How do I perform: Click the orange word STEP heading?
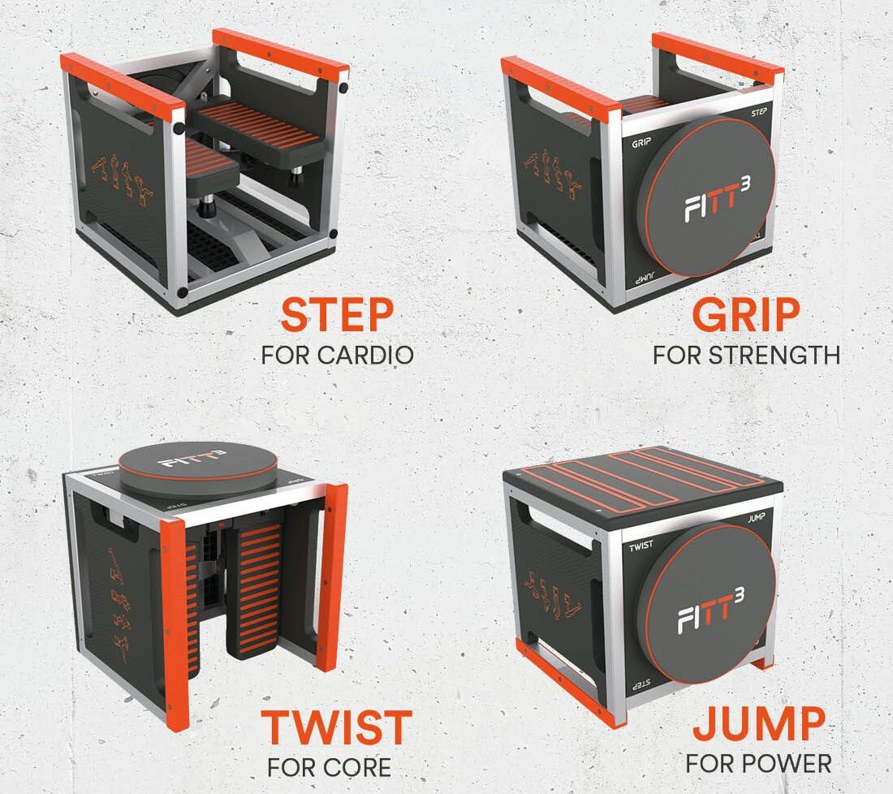pyautogui.click(x=337, y=315)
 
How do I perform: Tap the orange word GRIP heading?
pyautogui.click(x=746, y=315)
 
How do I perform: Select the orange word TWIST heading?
pyautogui.click(x=337, y=727)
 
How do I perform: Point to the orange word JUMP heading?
pyautogui.click(x=758, y=724)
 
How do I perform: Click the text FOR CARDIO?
pyautogui.click(x=337, y=356)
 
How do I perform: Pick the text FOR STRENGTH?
pyautogui.click(x=746, y=356)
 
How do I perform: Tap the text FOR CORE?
pyautogui.click(x=329, y=767)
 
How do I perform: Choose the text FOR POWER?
pyautogui.click(x=758, y=764)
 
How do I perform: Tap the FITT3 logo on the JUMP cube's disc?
pyautogui.click(x=711, y=611)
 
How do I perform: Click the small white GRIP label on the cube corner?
pyautogui.click(x=641, y=142)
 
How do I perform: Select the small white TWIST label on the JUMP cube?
pyautogui.click(x=641, y=546)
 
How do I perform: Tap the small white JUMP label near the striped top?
pyautogui.click(x=757, y=518)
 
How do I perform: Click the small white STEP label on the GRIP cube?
pyautogui.click(x=758, y=113)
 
